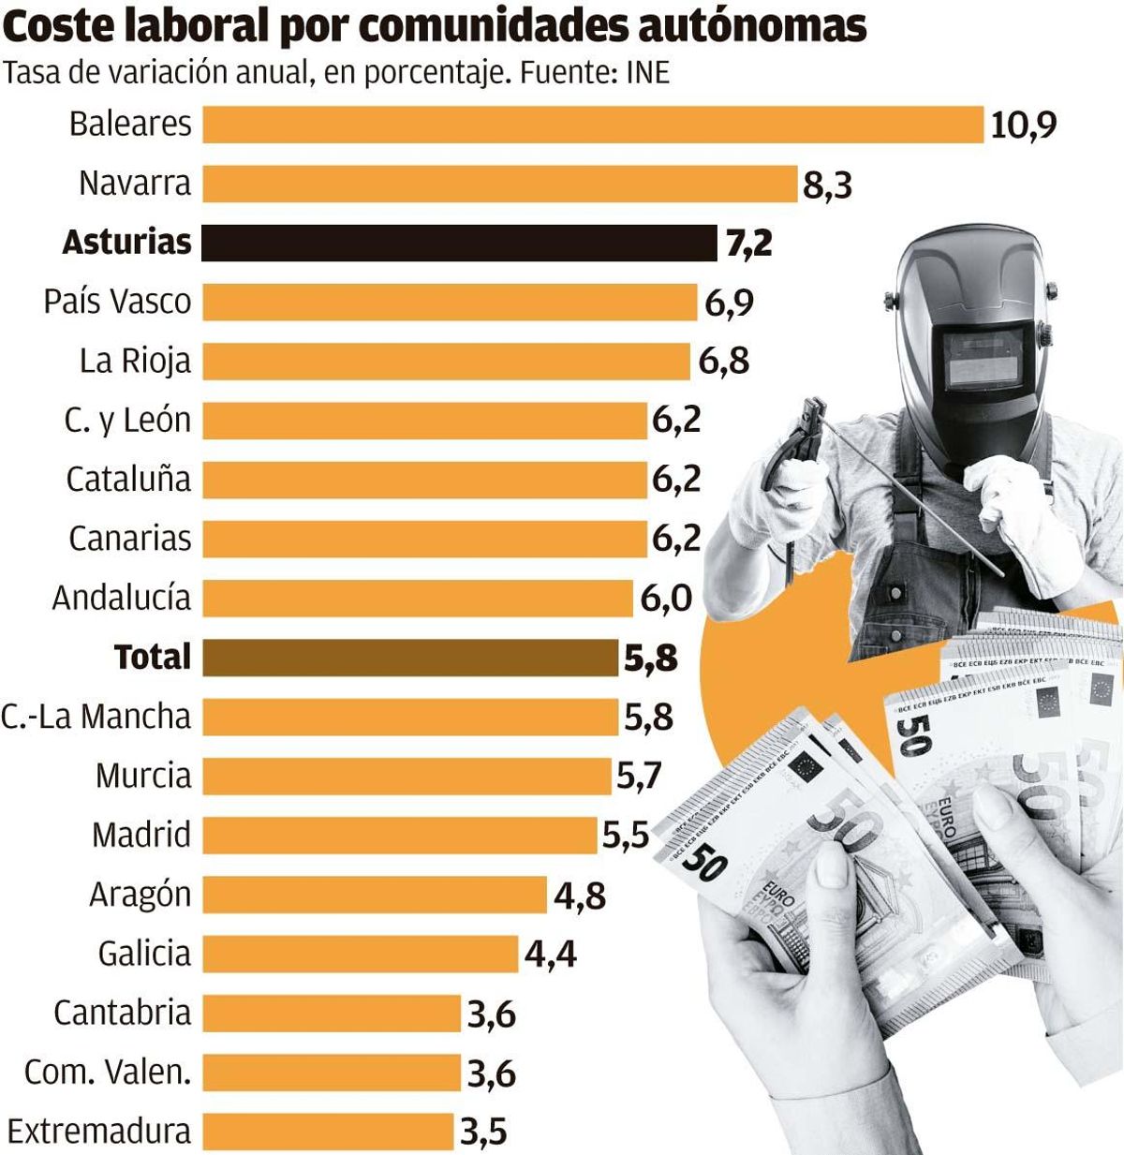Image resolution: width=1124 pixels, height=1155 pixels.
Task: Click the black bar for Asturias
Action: tap(459, 243)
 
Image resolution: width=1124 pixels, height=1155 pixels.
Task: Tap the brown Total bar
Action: tap(410, 658)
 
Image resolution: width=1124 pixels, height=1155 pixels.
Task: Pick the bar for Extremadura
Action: tap(328, 1132)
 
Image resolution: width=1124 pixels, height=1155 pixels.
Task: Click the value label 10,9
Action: tap(1023, 125)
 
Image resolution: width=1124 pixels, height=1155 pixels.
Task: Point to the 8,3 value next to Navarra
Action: tap(827, 185)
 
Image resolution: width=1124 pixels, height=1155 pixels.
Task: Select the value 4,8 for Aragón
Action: tap(580, 896)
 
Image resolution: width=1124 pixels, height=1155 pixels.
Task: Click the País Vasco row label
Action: tap(117, 302)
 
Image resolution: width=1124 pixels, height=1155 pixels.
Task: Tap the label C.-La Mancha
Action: tap(96, 717)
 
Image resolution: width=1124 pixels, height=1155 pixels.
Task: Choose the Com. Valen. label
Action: tap(108, 1072)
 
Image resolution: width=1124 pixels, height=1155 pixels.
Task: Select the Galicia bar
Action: tap(360, 954)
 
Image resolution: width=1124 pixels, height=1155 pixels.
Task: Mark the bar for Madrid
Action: tap(399, 835)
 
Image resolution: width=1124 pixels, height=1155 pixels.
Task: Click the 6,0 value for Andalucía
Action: tap(666, 599)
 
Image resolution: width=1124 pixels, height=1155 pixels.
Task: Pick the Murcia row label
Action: tap(142, 776)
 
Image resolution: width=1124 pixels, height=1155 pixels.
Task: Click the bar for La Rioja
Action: tap(446, 361)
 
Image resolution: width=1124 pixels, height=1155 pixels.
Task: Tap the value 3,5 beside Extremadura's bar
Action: tap(483, 1133)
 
